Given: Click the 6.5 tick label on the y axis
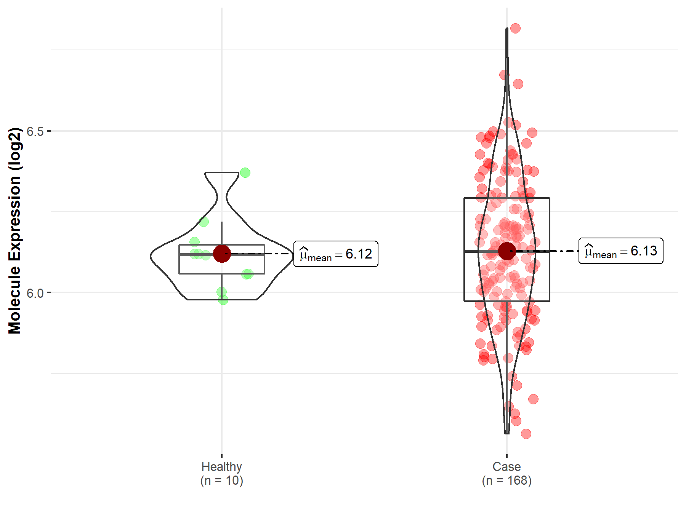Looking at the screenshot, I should (x=35, y=131).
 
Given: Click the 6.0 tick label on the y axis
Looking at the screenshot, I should (x=35, y=293).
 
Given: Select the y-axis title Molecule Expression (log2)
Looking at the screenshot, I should (x=14, y=230).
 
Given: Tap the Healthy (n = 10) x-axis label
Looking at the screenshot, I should (x=222, y=473).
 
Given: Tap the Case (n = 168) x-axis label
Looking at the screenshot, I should (x=506, y=473).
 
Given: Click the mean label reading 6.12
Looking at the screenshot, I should (x=336, y=254).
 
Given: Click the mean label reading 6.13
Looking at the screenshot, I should (x=621, y=251).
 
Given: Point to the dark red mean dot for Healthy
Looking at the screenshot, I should (x=222, y=254).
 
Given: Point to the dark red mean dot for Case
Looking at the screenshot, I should (x=507, y=251).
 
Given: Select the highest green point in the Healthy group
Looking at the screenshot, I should (x=245, y=173).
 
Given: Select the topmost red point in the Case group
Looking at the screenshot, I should (x=515, y=29).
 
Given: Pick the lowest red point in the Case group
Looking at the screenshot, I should (x=526, y=434).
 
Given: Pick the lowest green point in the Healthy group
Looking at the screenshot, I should (x=223, y=300).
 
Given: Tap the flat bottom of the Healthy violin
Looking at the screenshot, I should (x=222, y=300).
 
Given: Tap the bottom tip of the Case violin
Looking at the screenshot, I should (x=506, y=433).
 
